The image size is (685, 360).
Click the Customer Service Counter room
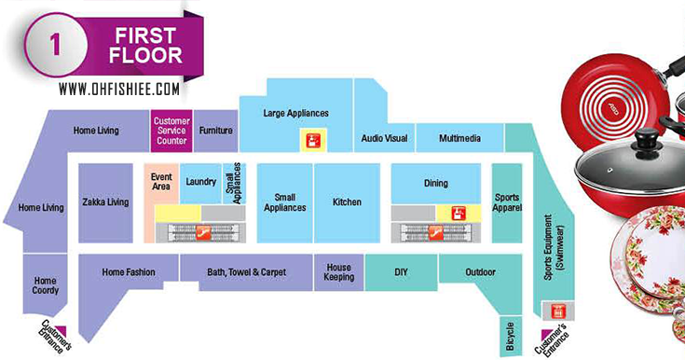pyautogui.click(x=171, y=131)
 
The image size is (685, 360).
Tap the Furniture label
pyautogui.click(x=215, y=131)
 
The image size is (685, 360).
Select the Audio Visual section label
pyautogui.click(x=384, y=139)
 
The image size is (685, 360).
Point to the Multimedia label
pyautogui.click(x=459, y=139)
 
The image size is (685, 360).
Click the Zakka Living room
pyautogui.click(x=105, y=201)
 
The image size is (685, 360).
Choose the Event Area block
pyautogui.click(x=160, y=183)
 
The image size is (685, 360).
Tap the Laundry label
pyautogui.click(x=201, y=182)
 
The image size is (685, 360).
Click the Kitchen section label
pyautogui.click(x=347, y=201)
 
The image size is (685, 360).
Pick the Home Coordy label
pyautogui.click(x=46, y=285)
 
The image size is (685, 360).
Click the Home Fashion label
pyautogui.click(x=128, y=272)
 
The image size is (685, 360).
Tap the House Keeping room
pyautogui.click(x=338, y=271)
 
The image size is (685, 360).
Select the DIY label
pyautogui.click(x=401, y=272)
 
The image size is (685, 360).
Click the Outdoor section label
pyautogui.click(x=480, y=272)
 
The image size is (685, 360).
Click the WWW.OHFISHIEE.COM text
pyautogui.click(x=117, y=90)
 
